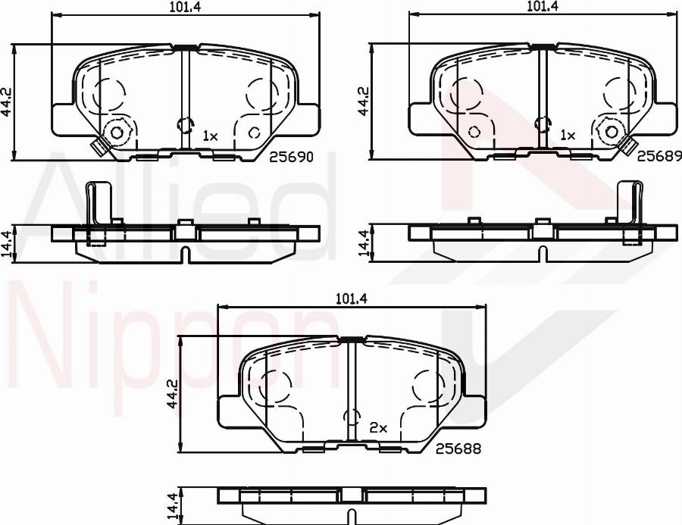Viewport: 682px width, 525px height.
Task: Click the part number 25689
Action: tap(659, 156)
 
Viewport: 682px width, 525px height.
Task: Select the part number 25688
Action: tap(458, 448)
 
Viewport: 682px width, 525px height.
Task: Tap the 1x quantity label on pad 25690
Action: tap(210, 136)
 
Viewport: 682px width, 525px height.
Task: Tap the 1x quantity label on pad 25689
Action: tap(568, 136)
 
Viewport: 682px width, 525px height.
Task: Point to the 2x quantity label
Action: tap(378, 428)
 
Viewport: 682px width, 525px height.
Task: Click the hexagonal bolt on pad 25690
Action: tap(117, 133)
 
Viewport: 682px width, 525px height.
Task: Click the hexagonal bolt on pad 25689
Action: tap(611, 132)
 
